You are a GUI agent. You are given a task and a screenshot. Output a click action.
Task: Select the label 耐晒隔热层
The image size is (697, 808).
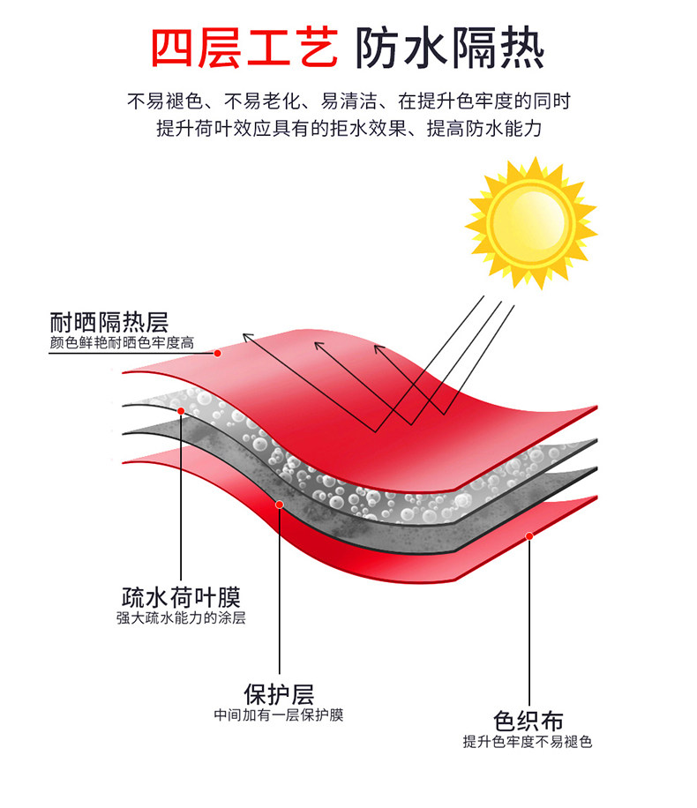pyautogui.click(x=109, y=322)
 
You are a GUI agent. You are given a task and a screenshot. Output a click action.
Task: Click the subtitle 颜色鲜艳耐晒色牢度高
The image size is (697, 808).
pyautogui.click(x=122, y=342)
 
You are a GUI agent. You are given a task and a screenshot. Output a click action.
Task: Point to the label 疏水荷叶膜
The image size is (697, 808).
pyautogui.click(x=180, y=596)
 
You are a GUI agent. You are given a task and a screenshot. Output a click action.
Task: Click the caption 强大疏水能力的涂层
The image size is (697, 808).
pyautogui.click(x=181, y=617)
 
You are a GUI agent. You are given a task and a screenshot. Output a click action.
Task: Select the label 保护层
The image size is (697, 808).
pyautogui.click(x=279, y=693)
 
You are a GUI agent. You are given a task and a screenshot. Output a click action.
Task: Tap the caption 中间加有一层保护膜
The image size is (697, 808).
pyautogui.click(x=279, y=714)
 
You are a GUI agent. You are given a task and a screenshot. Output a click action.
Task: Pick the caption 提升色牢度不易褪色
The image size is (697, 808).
pyautogui.click(x=528, y=742)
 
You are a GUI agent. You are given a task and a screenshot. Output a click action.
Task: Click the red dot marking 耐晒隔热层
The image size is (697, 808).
pyautogui.click(x=217, y=352)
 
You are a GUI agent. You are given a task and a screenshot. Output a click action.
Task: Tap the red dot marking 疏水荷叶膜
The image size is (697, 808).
pyautogui.click(x=181, y=411)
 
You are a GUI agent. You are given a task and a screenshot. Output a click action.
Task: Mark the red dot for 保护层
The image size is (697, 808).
pyautogui.click(x=279, y=505)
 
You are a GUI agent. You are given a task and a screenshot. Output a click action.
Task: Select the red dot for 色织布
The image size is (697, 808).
pyautogui.click(x=529, y=535)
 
